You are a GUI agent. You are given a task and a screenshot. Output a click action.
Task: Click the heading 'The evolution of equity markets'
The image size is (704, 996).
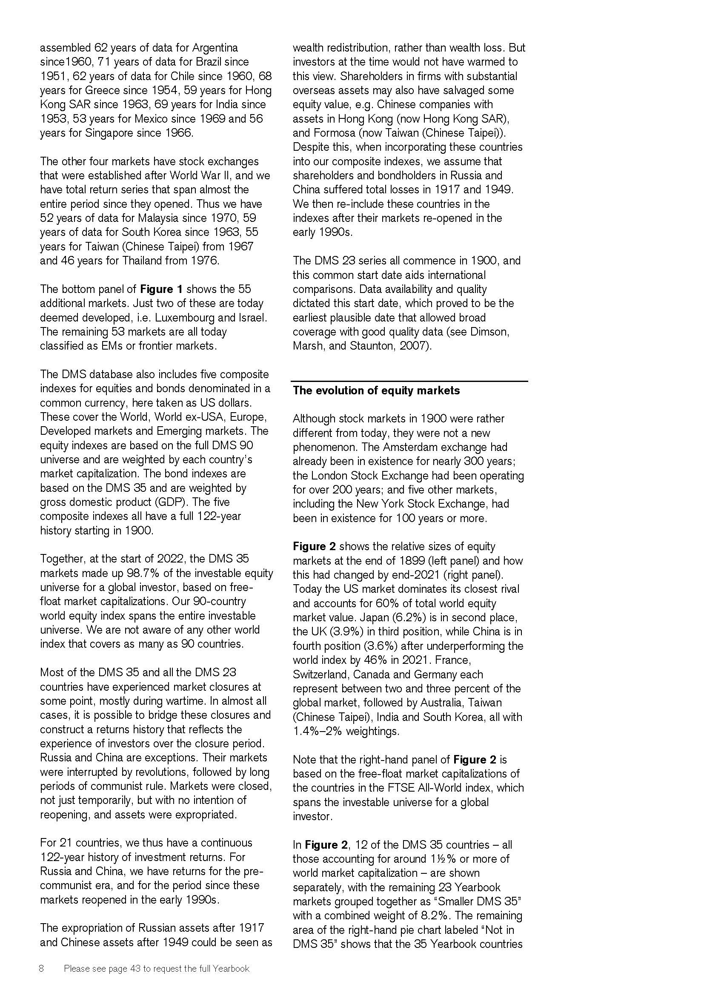pos(376,390)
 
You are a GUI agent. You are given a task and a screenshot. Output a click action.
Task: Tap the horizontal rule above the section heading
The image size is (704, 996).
pos(409,381)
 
